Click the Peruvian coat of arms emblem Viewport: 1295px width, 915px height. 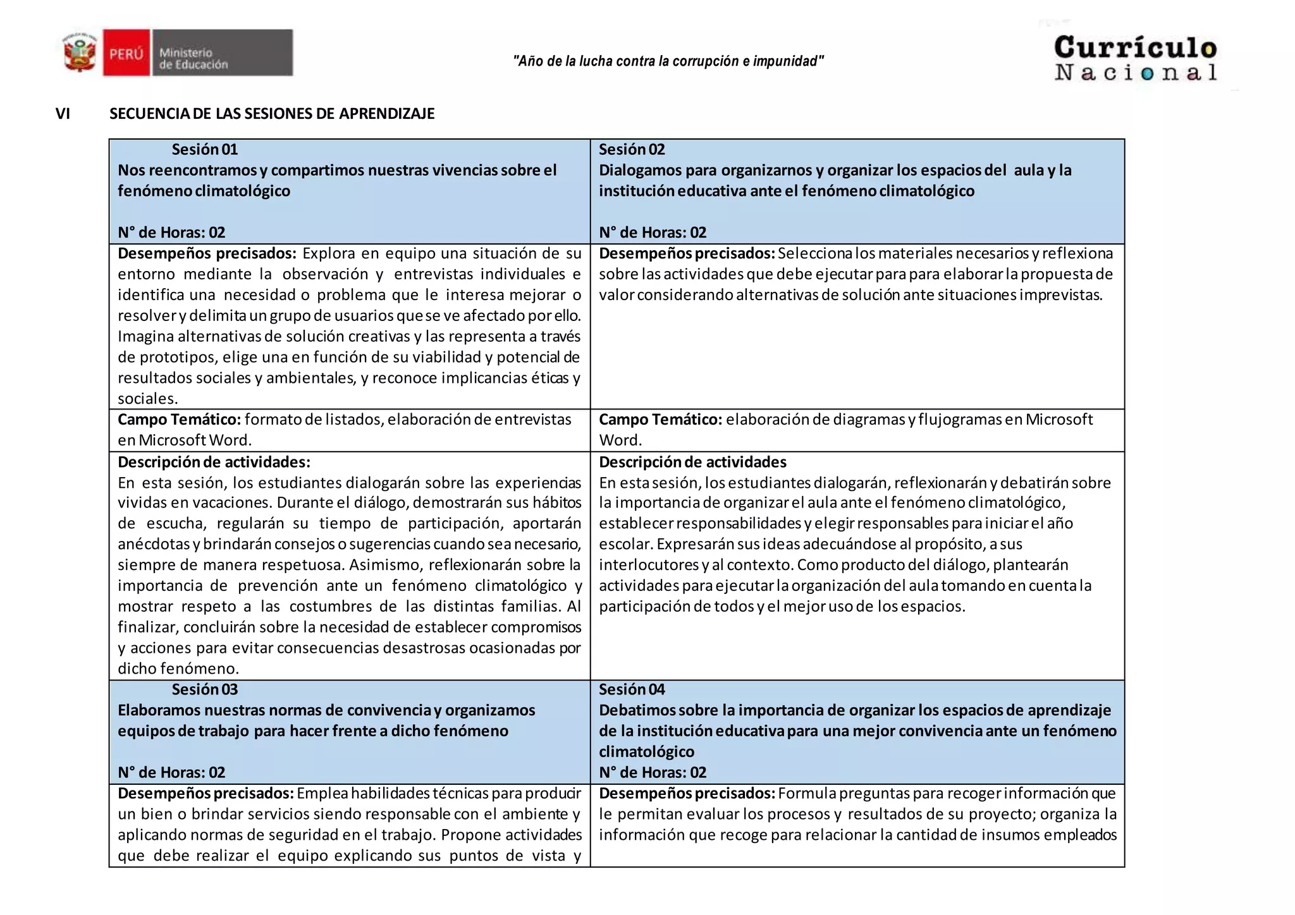[80, 53]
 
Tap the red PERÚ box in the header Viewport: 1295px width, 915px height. [126, 53]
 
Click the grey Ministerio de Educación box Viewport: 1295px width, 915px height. [222, 53]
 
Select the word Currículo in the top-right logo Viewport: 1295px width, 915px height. [1135, 47]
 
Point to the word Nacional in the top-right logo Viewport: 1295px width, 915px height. [1135, 72]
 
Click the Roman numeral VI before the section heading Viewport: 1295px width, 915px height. [63, 114]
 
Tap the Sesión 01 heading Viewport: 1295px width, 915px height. [205, 150]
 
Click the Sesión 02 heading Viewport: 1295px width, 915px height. [632, 150]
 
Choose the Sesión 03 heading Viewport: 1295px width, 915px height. [205, 689]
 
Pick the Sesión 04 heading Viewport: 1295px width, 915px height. [632, 689]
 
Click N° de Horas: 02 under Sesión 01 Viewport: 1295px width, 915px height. [171, 233]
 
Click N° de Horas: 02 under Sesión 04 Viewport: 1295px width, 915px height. [653, 772]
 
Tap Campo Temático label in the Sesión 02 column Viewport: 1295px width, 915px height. [660, 420]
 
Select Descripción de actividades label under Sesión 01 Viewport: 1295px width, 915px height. [214, 462]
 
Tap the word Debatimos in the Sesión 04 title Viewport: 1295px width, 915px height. [637, 710]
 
